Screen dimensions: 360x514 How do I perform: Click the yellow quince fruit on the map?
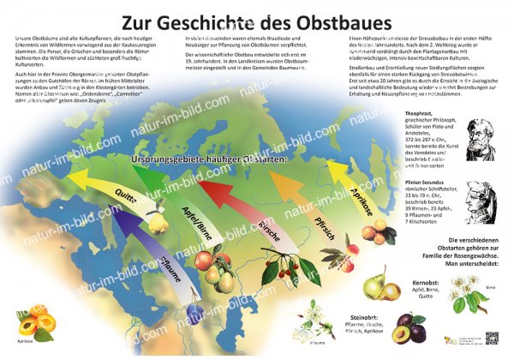157,225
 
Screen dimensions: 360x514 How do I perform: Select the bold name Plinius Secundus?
424,183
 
